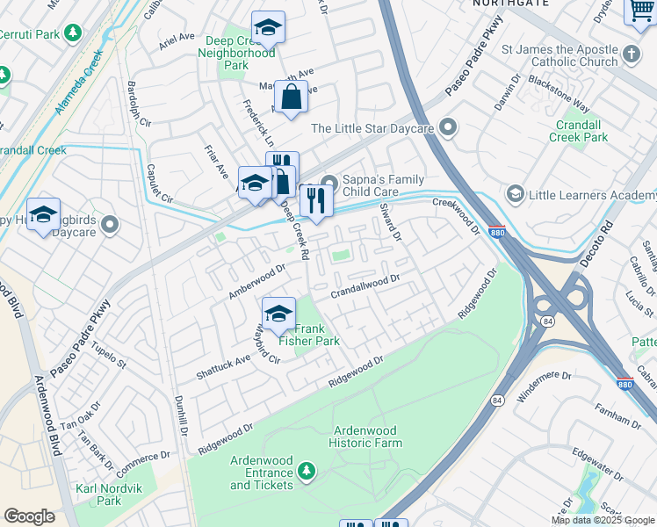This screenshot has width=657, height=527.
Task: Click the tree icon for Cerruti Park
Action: pyautogui.click(x=74, y=33)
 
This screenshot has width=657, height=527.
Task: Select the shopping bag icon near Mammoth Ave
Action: pyautogui.click(x=291, y=97)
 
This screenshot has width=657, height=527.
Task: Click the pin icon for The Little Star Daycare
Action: pyautogui.click(x=448, y=128)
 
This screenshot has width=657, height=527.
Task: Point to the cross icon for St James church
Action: pyautogui.click(x=631, y=56)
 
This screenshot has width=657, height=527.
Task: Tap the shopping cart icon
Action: pyautogui.click(x=641, y=11)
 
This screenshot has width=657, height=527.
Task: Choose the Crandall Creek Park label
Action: pyautogui.click(x=578, y=131)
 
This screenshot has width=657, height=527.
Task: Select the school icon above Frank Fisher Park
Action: pyautogui.click(x=278, y=312)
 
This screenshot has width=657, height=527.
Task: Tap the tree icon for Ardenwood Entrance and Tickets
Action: pyautogui.click(x=306, y=473)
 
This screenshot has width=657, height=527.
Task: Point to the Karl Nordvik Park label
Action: pyautogui.click(x=97, y=495)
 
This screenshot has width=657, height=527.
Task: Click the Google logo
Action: pyautogui.click(x=29, y=516)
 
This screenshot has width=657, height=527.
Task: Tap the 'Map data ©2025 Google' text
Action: pyautogui.click(x=603, y=520)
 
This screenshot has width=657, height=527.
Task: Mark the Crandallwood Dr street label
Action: pyautogui.click(x=365, y=288)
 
